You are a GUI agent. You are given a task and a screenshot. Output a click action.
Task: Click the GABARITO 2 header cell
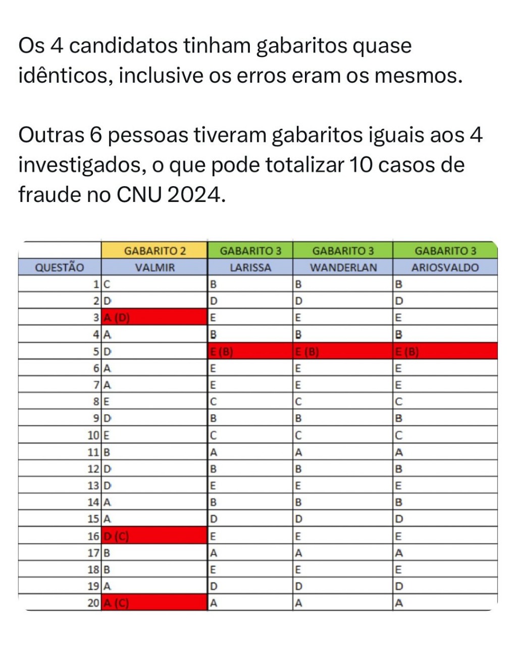(x=154, y=251)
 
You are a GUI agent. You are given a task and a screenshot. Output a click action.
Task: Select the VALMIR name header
(x=154, y=267)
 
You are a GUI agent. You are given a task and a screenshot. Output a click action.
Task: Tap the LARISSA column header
(x=250, y=267)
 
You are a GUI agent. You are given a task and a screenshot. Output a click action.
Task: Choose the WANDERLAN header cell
(x=343, y=267)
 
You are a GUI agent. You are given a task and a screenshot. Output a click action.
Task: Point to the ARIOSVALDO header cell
(x=445, y=267)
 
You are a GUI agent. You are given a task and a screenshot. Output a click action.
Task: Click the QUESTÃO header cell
(x=60, y=267)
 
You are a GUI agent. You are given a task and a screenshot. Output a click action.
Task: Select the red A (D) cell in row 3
(x=154, y=318)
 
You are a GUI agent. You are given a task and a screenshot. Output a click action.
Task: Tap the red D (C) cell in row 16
(x=154, y=536)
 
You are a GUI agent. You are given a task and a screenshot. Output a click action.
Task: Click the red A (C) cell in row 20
(x=154, y=603)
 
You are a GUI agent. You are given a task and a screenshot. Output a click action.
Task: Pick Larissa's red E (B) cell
(x=250, y=352)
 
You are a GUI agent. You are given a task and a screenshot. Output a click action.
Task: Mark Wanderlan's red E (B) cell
(x=343, y=352)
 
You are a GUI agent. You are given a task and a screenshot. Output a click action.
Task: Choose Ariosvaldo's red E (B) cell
(x=445, y=352)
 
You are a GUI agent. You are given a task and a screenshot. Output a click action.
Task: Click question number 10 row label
(x=94, y=436)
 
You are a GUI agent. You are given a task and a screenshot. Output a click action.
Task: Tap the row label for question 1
(x=96, y=284)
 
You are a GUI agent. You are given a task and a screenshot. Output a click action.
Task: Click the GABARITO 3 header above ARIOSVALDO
(x=445, y=251)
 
